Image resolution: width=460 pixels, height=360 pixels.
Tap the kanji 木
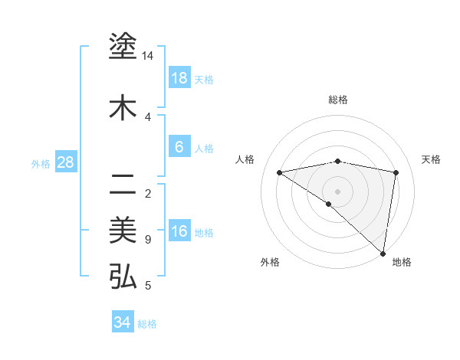point(123,108)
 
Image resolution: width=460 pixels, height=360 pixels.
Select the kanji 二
point(123,185)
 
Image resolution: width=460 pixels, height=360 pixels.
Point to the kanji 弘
point(123,277)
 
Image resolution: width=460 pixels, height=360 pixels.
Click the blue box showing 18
point(179,78)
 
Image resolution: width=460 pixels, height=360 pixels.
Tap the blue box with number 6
point(179,147)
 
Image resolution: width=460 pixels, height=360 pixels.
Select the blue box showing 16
point(179,231)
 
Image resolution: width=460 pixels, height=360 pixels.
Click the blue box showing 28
point(65,162)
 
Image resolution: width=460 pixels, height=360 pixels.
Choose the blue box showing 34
point(123,322)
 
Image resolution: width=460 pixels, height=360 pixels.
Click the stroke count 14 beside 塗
point(148,56)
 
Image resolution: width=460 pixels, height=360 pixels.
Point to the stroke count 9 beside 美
point(147,240)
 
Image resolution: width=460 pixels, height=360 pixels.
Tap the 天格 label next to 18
point(204,79)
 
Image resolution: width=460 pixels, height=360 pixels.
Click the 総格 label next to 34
point(147,324)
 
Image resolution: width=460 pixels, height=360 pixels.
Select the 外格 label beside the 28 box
point(41,163)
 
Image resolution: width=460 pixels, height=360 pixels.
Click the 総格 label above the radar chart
point(337,100)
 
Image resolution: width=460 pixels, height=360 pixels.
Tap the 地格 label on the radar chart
point(402,262)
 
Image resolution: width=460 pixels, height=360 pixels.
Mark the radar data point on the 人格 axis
point(280,172)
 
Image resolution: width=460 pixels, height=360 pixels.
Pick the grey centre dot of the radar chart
point(337,191)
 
